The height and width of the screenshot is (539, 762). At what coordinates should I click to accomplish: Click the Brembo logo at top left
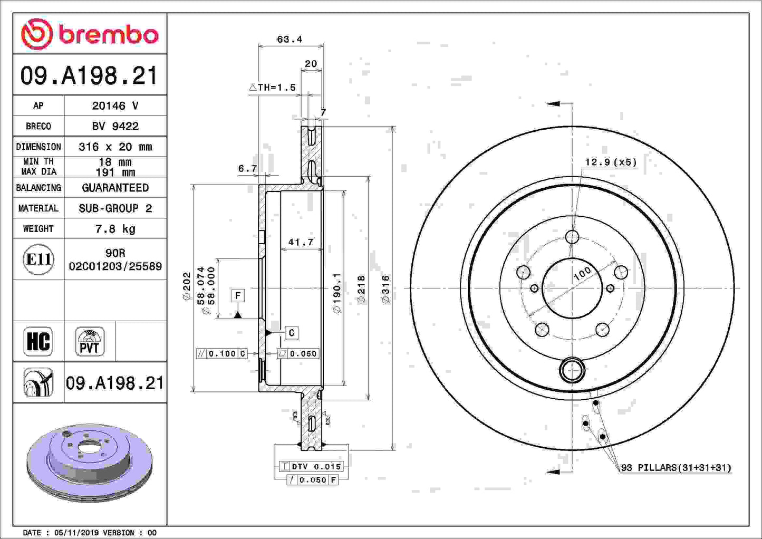coord(90,34)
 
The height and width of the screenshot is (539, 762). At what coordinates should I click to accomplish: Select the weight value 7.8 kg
coord(115,228)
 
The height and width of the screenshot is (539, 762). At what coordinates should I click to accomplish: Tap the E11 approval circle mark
coord(38,259)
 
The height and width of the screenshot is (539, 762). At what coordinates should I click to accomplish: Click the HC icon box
coord(38,341)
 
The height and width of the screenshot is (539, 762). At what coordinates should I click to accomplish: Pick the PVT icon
coord(90,342)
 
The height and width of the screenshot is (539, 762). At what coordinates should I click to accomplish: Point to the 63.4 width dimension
coord(290,40)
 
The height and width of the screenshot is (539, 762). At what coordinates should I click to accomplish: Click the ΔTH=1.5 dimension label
coord(273,88)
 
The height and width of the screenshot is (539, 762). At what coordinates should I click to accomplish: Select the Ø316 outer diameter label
coord(385,289)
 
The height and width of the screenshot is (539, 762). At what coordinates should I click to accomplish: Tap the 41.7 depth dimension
coord(301,242)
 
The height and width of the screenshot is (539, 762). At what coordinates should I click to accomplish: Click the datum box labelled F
coord(238,295)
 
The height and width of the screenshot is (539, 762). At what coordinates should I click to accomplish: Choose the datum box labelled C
coord(292,333)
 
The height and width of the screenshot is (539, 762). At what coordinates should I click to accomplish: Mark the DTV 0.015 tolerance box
coord(311,466)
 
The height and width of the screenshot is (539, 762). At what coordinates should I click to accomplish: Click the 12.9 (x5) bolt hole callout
coord(610,162)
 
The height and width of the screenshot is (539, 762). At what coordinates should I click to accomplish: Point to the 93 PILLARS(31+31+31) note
coord(676,467)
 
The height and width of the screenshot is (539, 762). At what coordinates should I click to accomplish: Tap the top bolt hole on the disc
coord(572,237)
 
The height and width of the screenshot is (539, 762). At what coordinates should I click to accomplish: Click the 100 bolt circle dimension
coord(582,274)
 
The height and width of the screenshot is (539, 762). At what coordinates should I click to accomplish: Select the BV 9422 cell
coord(115,126)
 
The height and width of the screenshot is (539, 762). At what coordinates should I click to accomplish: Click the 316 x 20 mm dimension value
coord(115,147)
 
